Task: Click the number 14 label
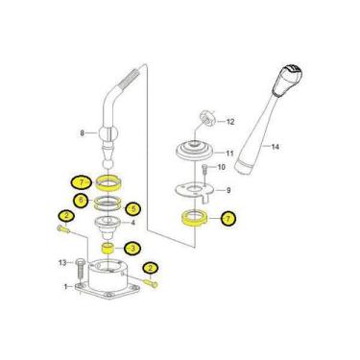(x=276, y=147)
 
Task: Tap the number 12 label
(x=230, y=122)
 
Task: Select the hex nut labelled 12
(x=207, y=117)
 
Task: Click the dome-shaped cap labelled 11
(x=195, y=151)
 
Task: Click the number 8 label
(x=82, y=132)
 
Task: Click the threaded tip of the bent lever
(x=131, y=78)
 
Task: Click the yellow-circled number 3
(x=132, y=249)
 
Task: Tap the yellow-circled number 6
(x=81, y=201)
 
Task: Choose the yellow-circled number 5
(x=132, y=208)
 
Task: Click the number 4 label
(x=132, y=223)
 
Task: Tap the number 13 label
(x=62, y=263)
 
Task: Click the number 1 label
(x=66, y=286)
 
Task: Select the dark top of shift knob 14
(x=292, y=70)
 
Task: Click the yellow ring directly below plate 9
(x=194, y=218)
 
